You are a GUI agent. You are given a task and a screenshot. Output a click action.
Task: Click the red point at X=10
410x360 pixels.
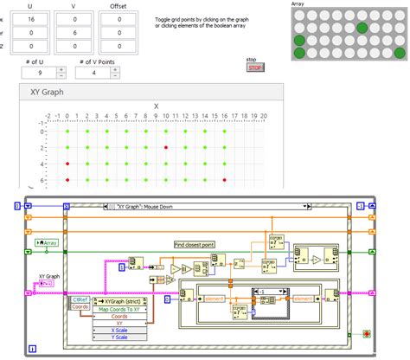(164, 148)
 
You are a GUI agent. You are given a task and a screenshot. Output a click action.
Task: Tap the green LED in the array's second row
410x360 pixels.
(361, 27)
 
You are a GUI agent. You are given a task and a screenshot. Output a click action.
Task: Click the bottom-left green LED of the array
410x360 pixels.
(299, 54)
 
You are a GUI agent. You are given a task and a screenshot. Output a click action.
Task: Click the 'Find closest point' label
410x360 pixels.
(195, 245)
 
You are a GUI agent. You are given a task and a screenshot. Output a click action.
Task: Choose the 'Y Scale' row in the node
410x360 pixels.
(119, 337)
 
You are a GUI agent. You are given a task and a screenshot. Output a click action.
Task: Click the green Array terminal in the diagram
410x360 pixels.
(49, 243)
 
